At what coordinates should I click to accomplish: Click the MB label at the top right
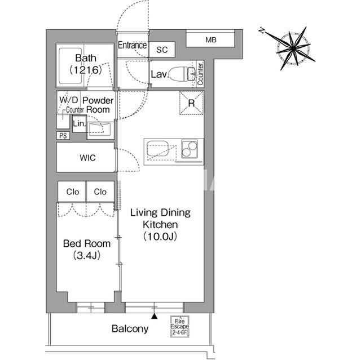click(211, 40)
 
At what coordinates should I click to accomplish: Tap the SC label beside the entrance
click(162, 50)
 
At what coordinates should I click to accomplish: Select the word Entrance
click(132, 45)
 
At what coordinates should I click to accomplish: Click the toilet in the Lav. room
click(182, 74)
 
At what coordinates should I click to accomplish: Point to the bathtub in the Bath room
click(71, 66)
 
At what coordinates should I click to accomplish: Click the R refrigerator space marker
click(191, 103)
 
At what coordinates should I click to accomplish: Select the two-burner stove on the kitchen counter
click(190, 149)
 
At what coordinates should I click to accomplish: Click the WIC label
click(87, 158)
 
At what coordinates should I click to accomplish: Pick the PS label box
click(63, 136)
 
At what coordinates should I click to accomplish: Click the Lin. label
click(79, 124)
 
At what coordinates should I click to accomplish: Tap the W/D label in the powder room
click(69, 100)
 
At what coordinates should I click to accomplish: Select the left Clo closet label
click(73, 192)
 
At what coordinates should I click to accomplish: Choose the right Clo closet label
click(100, 192)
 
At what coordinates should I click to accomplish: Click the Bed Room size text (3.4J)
click(87, 255)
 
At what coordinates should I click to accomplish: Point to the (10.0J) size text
click(160, 236)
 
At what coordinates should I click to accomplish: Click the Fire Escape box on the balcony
click(179, 326)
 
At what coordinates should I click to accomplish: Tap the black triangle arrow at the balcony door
click(154, 316)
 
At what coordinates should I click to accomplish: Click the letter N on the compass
click(262, 30)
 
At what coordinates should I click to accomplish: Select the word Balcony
click(130, 329)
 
